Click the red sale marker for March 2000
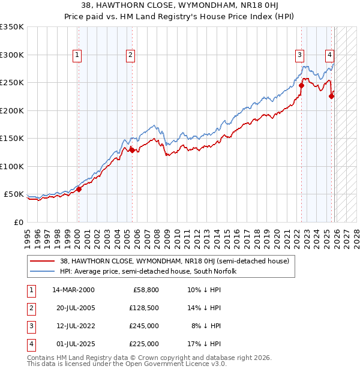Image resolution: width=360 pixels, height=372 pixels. (79, 189)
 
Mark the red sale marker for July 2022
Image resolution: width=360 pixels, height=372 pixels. (301, 85)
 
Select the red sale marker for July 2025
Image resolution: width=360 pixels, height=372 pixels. (332, 96)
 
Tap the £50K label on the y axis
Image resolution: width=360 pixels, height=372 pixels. (14, 194)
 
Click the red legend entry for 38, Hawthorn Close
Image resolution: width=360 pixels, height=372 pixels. (174, 261)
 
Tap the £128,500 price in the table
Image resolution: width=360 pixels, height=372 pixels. (144, 308)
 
